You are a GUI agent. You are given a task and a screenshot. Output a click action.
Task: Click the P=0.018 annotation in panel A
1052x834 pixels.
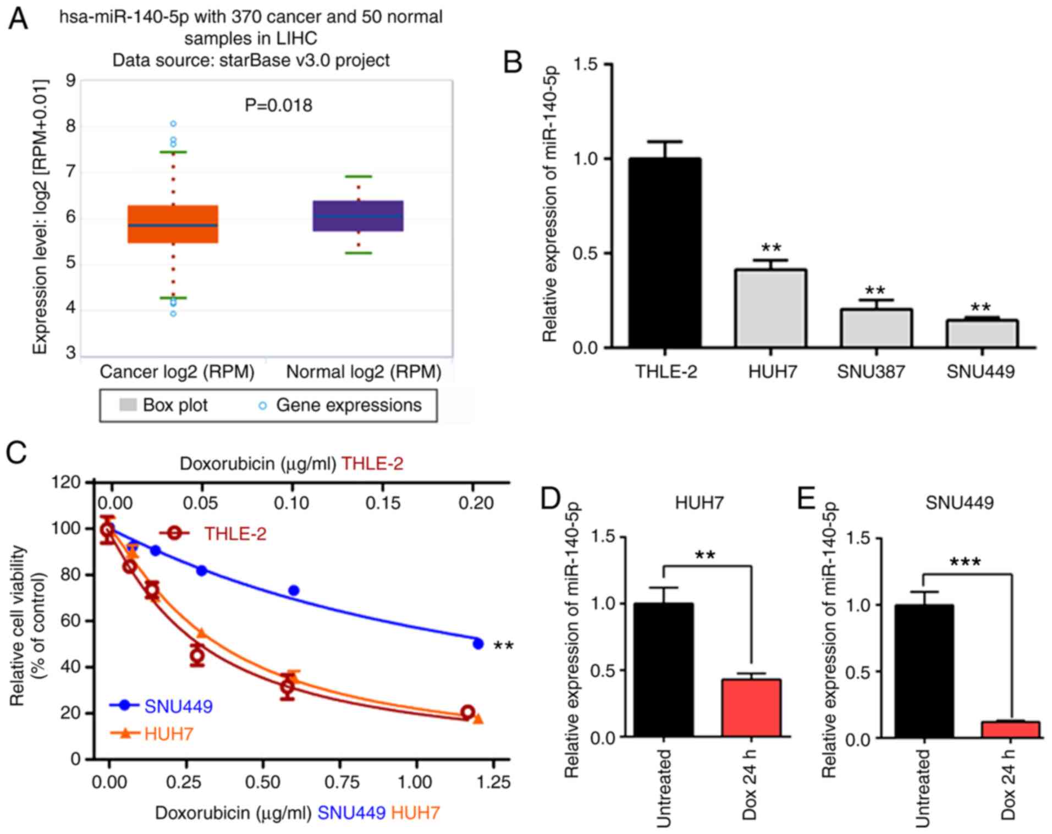coord(278,105)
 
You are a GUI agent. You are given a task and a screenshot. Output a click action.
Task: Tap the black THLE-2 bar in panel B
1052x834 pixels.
coord(665,252)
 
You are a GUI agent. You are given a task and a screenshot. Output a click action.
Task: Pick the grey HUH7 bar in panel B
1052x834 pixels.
coord(770,308)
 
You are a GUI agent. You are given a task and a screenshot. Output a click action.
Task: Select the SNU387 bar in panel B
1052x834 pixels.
coord(876,328)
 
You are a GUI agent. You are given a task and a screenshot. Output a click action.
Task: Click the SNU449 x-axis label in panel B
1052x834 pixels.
coord(980,372)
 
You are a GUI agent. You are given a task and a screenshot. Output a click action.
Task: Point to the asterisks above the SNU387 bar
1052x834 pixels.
coord(875,290)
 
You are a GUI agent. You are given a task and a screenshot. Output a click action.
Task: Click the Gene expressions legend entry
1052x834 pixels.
coord(348,405)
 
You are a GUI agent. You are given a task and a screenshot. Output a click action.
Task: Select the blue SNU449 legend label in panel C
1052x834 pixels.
coord(178,706)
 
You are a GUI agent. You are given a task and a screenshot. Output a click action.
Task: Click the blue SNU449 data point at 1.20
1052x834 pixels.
coord(478,643)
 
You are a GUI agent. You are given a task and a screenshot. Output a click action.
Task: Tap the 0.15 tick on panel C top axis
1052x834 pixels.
coord(383,502)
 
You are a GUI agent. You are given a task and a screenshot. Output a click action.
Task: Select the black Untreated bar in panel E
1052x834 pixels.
coord(924,671)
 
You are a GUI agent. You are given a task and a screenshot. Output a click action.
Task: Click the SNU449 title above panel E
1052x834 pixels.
coord(959,502)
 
